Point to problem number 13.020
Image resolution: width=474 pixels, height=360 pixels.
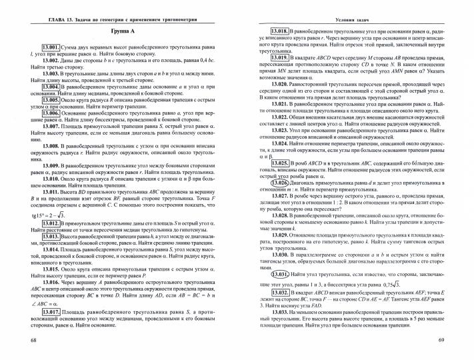click(279, 86)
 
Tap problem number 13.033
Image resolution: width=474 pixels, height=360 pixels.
click(279, 312)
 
